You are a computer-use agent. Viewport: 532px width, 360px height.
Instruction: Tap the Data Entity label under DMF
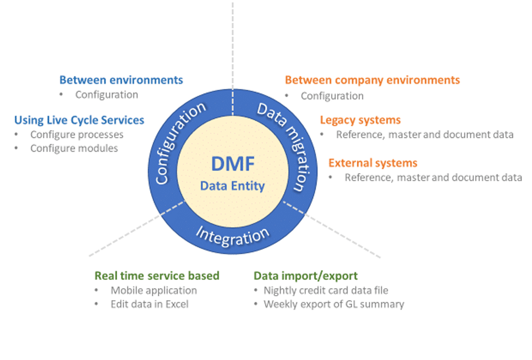click(232, 186)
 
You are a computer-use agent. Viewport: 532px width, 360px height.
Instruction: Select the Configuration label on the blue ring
click(180, 143)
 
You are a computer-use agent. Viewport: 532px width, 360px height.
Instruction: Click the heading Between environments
click(121, 80)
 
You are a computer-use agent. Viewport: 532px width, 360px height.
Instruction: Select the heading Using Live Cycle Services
click(79, 120)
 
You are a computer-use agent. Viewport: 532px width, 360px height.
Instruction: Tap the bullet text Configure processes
click(77, 135)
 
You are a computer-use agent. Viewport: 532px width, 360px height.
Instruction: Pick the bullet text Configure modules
click(74, 148)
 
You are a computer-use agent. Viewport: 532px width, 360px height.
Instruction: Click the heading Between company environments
click(372, 80)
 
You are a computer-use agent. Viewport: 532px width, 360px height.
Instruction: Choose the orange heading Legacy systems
click(360, 120)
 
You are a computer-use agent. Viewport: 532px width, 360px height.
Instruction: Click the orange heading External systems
click(373, 163)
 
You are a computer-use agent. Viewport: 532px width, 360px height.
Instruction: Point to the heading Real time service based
click(157, 276)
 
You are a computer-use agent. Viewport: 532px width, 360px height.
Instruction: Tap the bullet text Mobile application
click(154, 290)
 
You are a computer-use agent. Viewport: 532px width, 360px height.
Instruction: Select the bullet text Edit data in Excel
click(150, 304)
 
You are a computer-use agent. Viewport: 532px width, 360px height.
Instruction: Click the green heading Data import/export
click(305, 276)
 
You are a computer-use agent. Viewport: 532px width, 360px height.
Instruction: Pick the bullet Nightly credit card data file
click(326, 290)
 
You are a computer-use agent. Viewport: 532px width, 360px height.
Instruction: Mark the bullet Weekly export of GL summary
click(334, 304)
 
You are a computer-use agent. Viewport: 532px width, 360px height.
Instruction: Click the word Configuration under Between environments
click(107, 95)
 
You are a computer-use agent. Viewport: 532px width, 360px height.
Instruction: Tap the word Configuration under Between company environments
click(332, 96)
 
